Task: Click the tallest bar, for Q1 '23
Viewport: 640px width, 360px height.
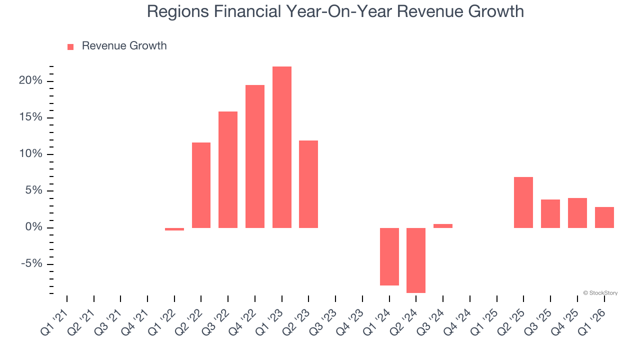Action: [x=282, y=147]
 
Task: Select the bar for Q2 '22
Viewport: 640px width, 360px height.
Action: [x=201, y=185]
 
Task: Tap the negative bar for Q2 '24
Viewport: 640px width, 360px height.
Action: [x=416, y=260]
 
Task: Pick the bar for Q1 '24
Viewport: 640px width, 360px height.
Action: [x=389, y=256]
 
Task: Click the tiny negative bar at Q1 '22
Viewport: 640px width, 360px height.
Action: [x=174, y=229]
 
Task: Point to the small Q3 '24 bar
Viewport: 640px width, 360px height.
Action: [x=443, y=226]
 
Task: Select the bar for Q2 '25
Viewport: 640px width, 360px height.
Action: [x=523, y=202]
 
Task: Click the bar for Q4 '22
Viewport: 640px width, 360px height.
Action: [x=255, y=156]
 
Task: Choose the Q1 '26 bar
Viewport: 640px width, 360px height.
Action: [x=604, y=217]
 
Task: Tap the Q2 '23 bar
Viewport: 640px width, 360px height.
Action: [x=308, y=184]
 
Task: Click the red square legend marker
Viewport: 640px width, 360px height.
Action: [x=70, y=47]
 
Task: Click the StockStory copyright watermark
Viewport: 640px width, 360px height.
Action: [x=600, y=293]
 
